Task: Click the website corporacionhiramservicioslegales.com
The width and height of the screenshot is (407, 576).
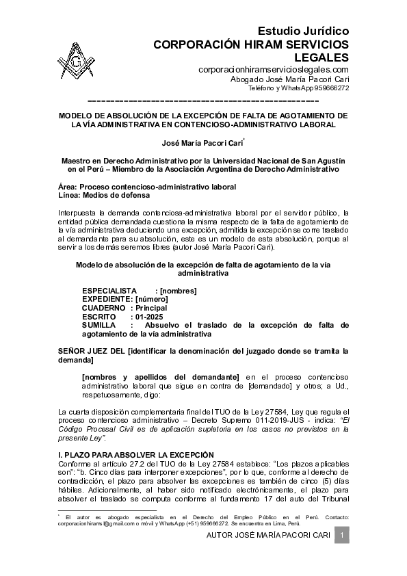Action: click(274, 70)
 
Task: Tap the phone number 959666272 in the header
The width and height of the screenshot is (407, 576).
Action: click(332, 88)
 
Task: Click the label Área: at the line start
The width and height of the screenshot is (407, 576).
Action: click(68, 187)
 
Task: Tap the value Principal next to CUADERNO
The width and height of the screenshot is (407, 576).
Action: click(151, 309)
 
